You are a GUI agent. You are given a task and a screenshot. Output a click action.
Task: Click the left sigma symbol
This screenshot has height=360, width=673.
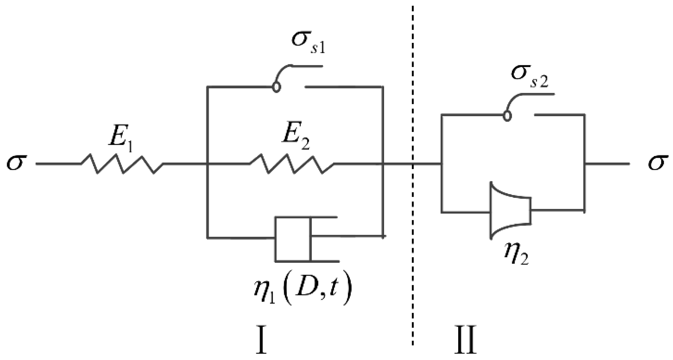tap(16, 164)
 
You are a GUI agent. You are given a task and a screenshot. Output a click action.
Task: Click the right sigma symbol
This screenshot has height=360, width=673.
tap(656, 164)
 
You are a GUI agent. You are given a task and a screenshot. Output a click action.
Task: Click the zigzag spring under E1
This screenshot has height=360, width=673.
tap(122, 164)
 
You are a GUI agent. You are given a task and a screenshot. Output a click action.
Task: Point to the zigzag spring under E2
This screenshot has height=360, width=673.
tap(292, 164)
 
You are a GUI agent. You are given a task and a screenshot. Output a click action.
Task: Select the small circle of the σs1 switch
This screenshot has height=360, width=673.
tap(276, 87)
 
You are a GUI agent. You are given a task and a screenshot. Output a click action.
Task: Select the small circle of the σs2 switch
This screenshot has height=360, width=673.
tap(507, 116)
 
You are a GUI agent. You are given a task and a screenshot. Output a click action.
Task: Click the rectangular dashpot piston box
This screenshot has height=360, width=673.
tap(292, 239)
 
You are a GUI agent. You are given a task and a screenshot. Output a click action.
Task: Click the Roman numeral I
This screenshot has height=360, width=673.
tap(261, 340)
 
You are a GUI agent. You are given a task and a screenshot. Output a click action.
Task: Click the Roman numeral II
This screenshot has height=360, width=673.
tap(465, 340)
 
